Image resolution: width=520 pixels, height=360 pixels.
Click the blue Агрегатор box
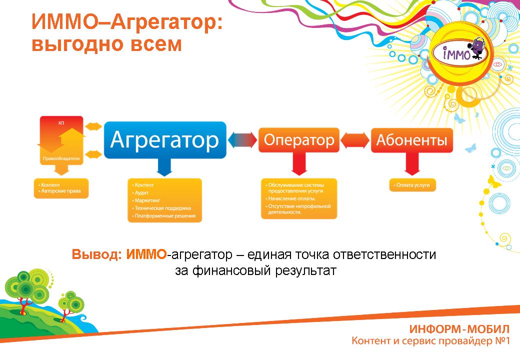click(165, 140)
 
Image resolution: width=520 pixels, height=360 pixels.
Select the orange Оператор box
click(299, 140)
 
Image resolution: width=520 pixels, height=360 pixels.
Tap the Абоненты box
click(411, 140)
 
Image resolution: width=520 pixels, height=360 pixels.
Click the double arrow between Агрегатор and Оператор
click(242, 140)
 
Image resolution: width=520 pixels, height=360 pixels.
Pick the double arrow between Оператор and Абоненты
click(355, 140)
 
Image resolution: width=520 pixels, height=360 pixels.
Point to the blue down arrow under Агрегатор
click(164, 167)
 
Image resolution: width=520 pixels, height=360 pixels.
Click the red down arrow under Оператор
click(299, 164)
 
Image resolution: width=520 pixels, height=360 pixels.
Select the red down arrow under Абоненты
click(412, 164)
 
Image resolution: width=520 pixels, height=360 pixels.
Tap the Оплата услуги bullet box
click(412, 185)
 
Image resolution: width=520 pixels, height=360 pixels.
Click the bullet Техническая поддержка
click(162, 208)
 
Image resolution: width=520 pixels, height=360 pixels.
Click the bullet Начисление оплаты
click(290, 198)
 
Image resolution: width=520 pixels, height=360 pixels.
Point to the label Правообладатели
click(61, 158)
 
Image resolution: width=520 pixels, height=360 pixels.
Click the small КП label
click(61, 123)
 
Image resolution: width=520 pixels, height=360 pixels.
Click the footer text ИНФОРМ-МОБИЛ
click(459, 329)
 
